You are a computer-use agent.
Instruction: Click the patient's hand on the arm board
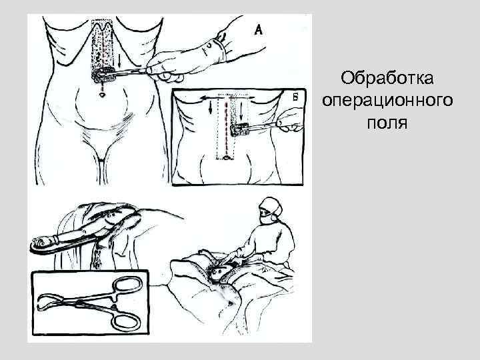(x=47, y=242)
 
